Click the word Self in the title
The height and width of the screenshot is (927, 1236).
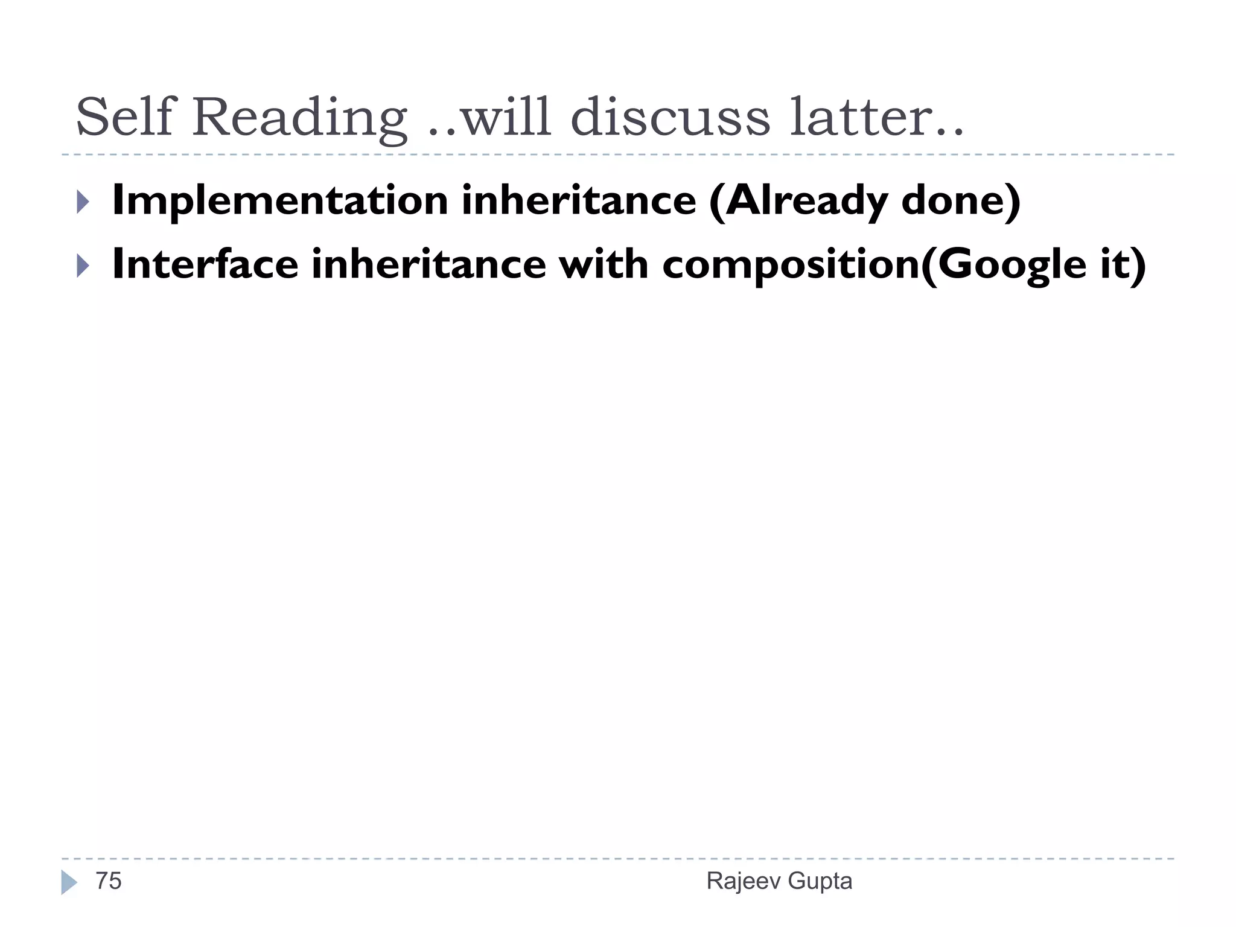[x=124, y=117]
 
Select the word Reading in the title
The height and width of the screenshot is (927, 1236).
[x=299, y=118]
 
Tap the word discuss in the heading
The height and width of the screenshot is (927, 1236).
[x=670, y=117]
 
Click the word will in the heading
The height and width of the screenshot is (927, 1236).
[x=506, y=117]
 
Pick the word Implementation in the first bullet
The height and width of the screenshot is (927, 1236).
[x=280, y=201]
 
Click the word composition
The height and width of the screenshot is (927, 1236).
[x=791, y=266]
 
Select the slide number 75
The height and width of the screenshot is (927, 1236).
[x=109, y=881]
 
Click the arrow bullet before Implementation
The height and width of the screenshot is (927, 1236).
[x=83, y=202]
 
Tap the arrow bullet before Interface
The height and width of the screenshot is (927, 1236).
[x=83, y=266]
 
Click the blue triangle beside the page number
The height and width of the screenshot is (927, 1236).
[x=69, y=882]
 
